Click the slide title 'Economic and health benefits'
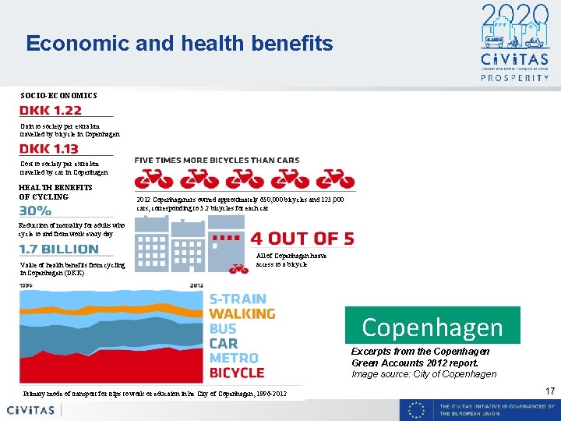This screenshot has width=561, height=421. (179, 43)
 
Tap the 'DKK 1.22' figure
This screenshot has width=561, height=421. (50, 111)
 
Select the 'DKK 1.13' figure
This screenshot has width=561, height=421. (48, 149)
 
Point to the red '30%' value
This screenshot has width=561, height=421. (35, 210)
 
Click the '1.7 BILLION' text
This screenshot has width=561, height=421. (59, 249)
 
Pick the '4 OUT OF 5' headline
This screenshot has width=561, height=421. (302, 239)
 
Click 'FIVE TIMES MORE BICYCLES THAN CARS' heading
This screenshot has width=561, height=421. (217, 160)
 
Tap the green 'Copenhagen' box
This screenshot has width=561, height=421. (432, 326)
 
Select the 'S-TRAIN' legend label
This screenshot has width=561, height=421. (238, 299)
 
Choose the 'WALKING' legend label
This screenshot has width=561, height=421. (242, 313)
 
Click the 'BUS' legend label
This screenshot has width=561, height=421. (223, 328)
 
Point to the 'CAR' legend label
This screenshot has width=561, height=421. (224, 343)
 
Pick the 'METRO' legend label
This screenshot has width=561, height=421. (235, 358)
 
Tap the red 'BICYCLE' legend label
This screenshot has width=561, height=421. (237, 373)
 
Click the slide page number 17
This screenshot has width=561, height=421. (549, 391)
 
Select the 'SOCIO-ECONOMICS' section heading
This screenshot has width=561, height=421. (59, 95)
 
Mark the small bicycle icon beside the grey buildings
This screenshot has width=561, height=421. (239, 268)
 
